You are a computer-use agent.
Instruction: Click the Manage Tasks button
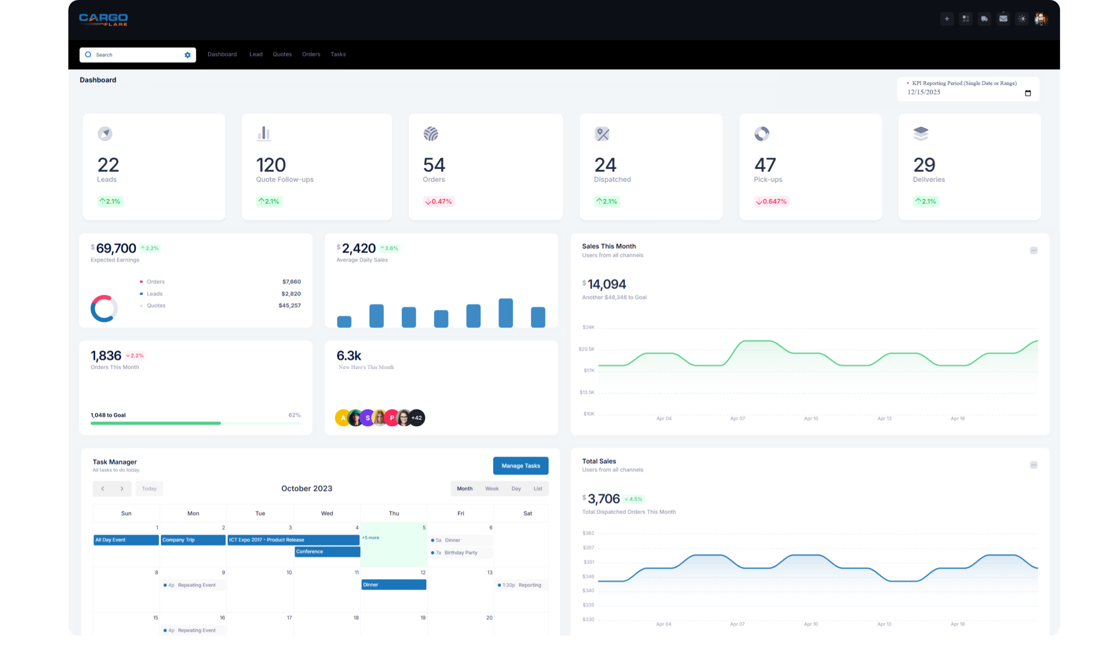click(520, 466)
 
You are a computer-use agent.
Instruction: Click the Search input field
click(136, 55)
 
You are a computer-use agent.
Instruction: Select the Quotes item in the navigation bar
click(282, 54)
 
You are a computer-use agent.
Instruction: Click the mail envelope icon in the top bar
click(1003, 18)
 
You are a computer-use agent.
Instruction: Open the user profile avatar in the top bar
click(1040, 18)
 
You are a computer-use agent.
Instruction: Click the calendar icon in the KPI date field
click(1028, 93)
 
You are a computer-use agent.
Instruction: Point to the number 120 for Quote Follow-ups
click(271, 165)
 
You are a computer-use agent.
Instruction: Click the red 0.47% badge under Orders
click(438, 201)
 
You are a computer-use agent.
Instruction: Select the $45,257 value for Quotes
click(289, 306)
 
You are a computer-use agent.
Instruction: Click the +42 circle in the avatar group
click(417, 418)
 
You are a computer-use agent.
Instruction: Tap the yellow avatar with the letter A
click(343, 418)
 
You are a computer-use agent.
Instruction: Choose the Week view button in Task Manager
click(492, 489)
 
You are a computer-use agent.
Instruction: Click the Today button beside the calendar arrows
click(149, 489)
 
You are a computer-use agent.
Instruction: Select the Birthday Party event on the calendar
click(460, 553)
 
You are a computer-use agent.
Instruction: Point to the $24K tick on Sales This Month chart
click(588, 327)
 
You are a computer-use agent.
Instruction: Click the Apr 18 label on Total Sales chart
click(957, 624)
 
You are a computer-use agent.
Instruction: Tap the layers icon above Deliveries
click(921, 133)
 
